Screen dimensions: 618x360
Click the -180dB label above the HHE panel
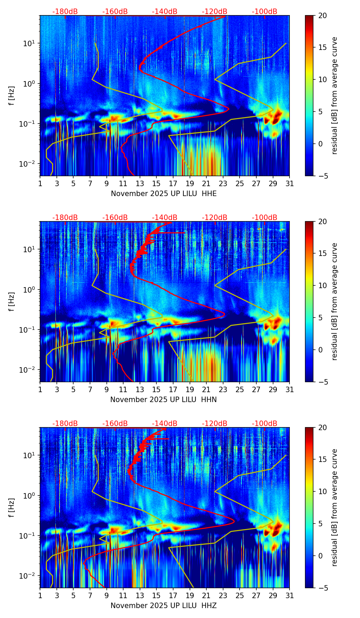point(65,12)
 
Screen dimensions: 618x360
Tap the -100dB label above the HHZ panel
point(265,424)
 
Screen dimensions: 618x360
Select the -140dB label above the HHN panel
point(165,218)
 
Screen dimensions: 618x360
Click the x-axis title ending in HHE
point(164,194)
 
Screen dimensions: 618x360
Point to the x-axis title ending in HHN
point(163,400)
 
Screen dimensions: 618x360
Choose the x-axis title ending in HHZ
point(163,606)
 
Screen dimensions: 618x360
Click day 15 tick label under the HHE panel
point(156,183)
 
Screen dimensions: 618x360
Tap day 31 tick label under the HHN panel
point(290,389)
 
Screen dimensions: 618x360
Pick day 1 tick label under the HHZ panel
point(40,595)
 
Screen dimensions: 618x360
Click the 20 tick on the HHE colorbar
point(322,16)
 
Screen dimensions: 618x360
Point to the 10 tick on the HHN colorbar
point(322,285)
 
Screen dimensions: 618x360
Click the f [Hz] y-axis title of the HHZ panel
point(12,507)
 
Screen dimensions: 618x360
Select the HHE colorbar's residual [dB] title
point(335,95)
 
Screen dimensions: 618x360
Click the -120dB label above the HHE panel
point(215,12)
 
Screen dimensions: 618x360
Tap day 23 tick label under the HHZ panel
point(223,595)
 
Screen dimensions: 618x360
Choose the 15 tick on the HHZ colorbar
point(322,460)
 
